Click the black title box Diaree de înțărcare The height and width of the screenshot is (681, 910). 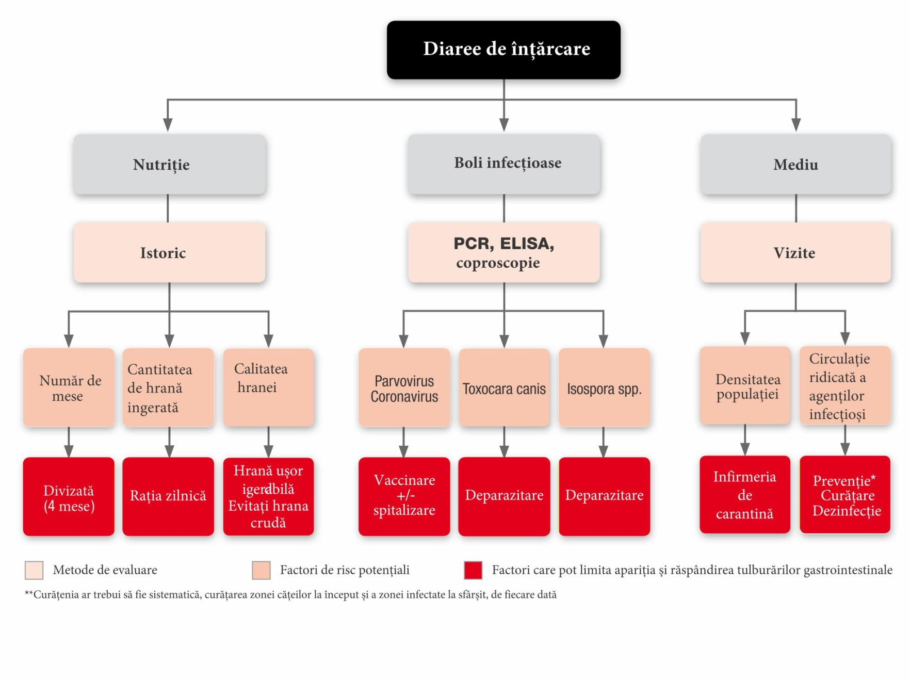(x=503, y=50)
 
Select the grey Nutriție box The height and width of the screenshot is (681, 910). (x=169, y=165)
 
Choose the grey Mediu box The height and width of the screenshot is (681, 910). (x=795, y=165)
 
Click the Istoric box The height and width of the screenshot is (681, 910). (x=169, y=252)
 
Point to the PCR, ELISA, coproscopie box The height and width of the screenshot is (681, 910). (x=503, y=252)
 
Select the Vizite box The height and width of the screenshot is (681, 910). (x=795, y=252)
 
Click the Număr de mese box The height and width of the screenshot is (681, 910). (x=69, y=387)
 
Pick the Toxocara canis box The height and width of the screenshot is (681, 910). (x=504, y=388)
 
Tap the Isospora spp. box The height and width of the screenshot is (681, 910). (x=604, y=388)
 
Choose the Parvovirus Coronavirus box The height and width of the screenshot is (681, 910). (x=404, y=388)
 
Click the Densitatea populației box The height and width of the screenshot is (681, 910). (x=745, y=386)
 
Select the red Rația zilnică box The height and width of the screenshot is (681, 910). (x=168, y=496)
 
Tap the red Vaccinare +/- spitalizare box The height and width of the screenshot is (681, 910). (x=404, y=496)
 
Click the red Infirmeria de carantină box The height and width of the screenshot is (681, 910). (x=744, y=494)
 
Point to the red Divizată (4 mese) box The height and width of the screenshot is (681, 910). (x=69, y=496)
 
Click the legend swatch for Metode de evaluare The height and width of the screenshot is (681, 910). (x=34, y=570)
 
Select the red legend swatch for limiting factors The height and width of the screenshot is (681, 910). (x=473, y=570)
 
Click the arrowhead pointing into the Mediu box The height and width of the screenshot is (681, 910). (x=796, y=124)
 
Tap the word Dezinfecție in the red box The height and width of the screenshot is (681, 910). (x=847, y=511)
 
